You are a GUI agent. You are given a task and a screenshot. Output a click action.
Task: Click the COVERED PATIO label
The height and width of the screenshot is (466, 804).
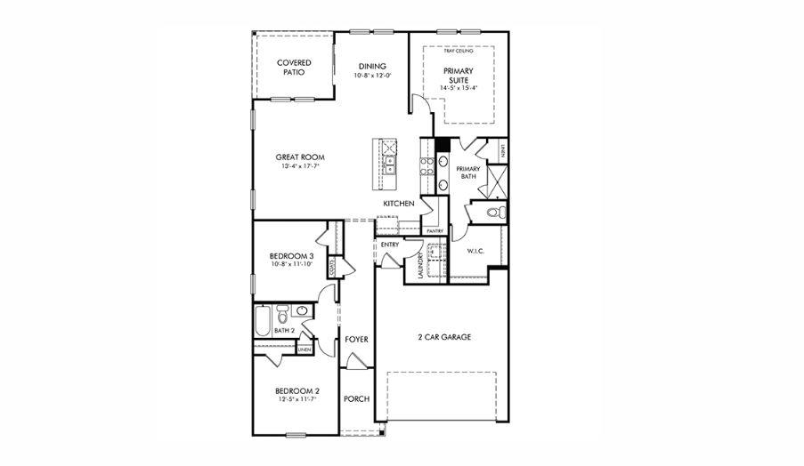tap(294, 67)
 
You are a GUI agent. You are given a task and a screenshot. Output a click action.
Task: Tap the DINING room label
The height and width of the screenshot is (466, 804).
tap(372, 66)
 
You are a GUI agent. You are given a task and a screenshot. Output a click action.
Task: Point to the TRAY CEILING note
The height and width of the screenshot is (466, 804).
tap(458, 52)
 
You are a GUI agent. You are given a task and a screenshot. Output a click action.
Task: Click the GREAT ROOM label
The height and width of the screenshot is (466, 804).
tap(299, 157)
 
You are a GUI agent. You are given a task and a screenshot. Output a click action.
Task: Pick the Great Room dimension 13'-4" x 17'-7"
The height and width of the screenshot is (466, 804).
tap(299, 166)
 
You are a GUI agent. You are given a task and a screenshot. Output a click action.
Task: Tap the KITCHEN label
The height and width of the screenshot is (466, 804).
tap(398, 204)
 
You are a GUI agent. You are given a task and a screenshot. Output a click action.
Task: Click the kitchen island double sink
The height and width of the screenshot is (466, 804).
tap(390, 162)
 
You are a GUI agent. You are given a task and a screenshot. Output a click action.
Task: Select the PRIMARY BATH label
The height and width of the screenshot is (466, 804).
tap(468, 173)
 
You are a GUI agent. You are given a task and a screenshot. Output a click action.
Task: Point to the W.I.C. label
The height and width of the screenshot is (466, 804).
tap(476, 252)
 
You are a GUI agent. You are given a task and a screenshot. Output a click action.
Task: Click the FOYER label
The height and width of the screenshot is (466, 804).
tap(356, 339)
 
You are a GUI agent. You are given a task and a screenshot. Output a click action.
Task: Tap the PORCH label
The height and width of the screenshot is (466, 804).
tap(356, 399)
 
